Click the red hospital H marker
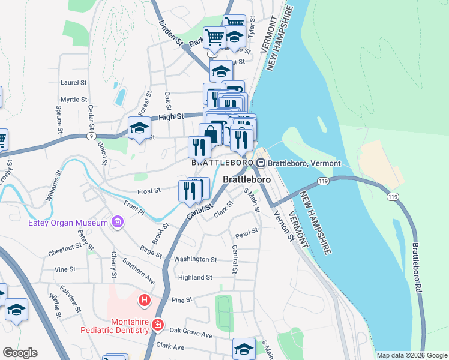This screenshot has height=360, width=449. point(144,299)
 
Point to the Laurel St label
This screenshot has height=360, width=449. point(74,82)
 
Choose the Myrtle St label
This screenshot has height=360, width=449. point(74,100)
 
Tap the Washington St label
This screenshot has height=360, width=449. point(195,259)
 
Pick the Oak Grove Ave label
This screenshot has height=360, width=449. point(191,332)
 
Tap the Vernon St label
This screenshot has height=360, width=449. point(281,229)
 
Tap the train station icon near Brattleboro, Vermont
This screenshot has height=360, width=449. point(261,163)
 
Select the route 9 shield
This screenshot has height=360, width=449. point(90,137)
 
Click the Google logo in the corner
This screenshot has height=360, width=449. point(20,353)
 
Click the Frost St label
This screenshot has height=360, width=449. point(149,190)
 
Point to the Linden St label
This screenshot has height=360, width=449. point(170,32)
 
